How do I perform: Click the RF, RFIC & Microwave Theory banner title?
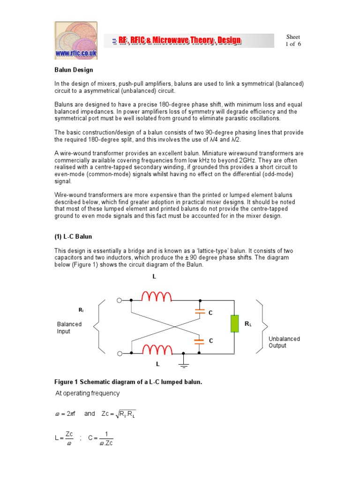pos(177,41)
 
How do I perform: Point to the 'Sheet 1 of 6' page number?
pos(293,40)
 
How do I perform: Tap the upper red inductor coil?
pos(157,296)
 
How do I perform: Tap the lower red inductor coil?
pos(157,349)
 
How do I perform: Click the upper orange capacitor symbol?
pos(200,311)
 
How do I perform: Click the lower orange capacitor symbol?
pos(200,341)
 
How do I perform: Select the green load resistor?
pos(234,324)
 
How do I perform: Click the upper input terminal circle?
pos(120,300)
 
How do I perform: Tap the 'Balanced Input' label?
pos(69,328)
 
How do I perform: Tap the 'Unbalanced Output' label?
pos(284,342)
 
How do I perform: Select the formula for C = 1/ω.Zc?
pos(101,439)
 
